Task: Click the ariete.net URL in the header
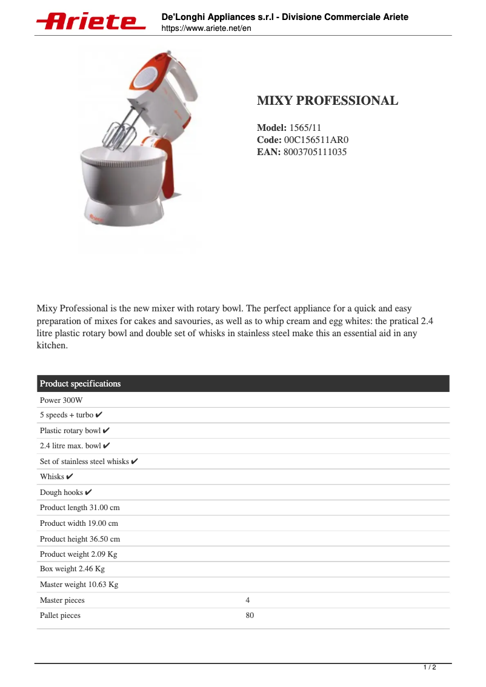click(206, 28)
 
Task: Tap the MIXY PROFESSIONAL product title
click(327, 101)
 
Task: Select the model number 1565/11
click(305, 128)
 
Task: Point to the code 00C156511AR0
click(316, 140)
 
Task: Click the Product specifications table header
click(80, 383)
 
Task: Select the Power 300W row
click(61, 400)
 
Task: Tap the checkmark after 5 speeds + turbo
click(99, 415)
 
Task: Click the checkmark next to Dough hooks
click(88, 492)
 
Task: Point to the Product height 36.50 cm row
click(80, 539)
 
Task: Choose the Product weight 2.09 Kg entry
click(78, 554)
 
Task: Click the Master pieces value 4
click(248, 600)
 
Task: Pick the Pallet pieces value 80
click(250, 616)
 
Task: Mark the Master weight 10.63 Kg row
click(79, 585)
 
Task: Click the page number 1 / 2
click(429, 668)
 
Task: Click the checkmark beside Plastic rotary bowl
click(106, 431)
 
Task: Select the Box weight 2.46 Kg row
click(72, 569)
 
